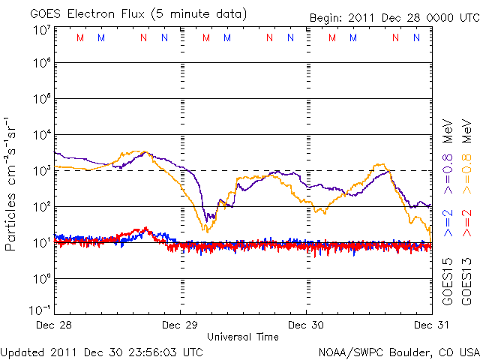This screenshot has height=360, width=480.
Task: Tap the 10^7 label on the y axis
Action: pyautogui.click(x=40, y=30)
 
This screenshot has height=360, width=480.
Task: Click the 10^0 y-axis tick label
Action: pyautogui.click(x=40, y=279)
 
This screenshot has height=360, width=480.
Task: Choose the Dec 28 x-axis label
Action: pyautogui.click(x=54, y=325)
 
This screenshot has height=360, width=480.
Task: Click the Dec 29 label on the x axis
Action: pyautogui.click(x=180, y=325)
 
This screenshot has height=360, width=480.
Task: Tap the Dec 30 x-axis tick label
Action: pyautogui.click(x=306, y=325)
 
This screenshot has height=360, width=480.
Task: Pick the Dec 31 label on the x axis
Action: pyautogui.click(x=432, y=325)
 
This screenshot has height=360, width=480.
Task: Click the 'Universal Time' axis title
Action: pyautogui.click(x=243, y=337)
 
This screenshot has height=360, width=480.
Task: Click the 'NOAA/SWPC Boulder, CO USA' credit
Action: pyautogui.click(x=398, y=351)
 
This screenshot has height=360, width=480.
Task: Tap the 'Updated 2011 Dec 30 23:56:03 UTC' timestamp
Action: pyautogui.click(x=101, y=351)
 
